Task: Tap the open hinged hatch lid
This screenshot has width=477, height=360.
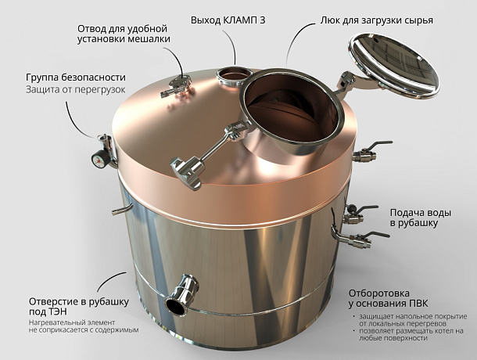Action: [x=393, y=66]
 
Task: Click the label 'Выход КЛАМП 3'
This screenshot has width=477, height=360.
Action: [x=228, y=20]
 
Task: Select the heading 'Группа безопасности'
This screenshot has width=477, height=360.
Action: [x=76, y=77]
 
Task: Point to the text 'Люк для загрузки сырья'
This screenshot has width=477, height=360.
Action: [x=377, y=20]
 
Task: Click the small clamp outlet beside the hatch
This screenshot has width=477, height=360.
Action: [x=235, y=76]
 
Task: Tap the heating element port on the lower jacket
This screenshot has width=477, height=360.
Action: [x=182, y=295]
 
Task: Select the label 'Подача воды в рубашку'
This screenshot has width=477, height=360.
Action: [x=421, y=218]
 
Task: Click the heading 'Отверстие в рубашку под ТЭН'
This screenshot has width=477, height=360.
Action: [x=79, y=307]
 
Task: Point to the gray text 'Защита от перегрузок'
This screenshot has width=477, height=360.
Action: [x=75, y=90]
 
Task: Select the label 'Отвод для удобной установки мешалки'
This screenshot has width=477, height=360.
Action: [x=124, y=34]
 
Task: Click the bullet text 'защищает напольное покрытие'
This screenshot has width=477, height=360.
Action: [x=409, y=317]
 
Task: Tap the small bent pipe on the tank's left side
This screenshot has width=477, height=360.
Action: [x=122, y=209]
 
